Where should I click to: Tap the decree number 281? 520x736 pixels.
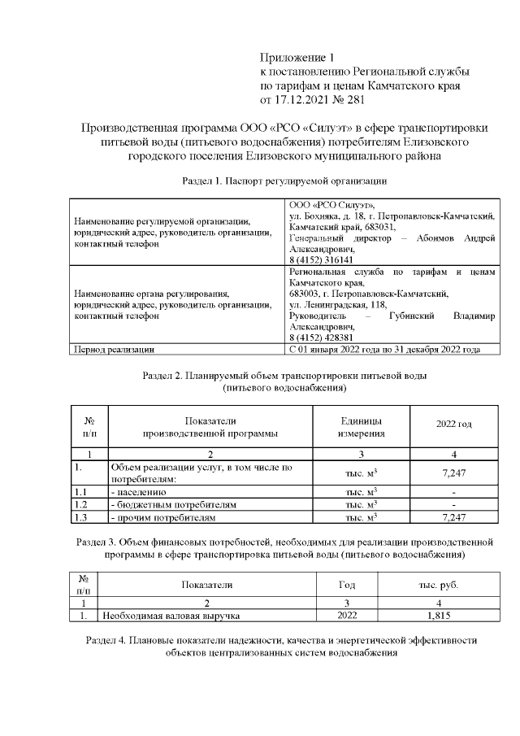(x=355, y=101)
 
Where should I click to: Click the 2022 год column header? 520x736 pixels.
(x=453, y=425)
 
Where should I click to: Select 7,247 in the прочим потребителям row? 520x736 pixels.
(x=453, y=517)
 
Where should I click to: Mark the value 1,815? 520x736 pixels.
(x=438, y=616)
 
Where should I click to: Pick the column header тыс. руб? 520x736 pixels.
(x=438, y=585)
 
